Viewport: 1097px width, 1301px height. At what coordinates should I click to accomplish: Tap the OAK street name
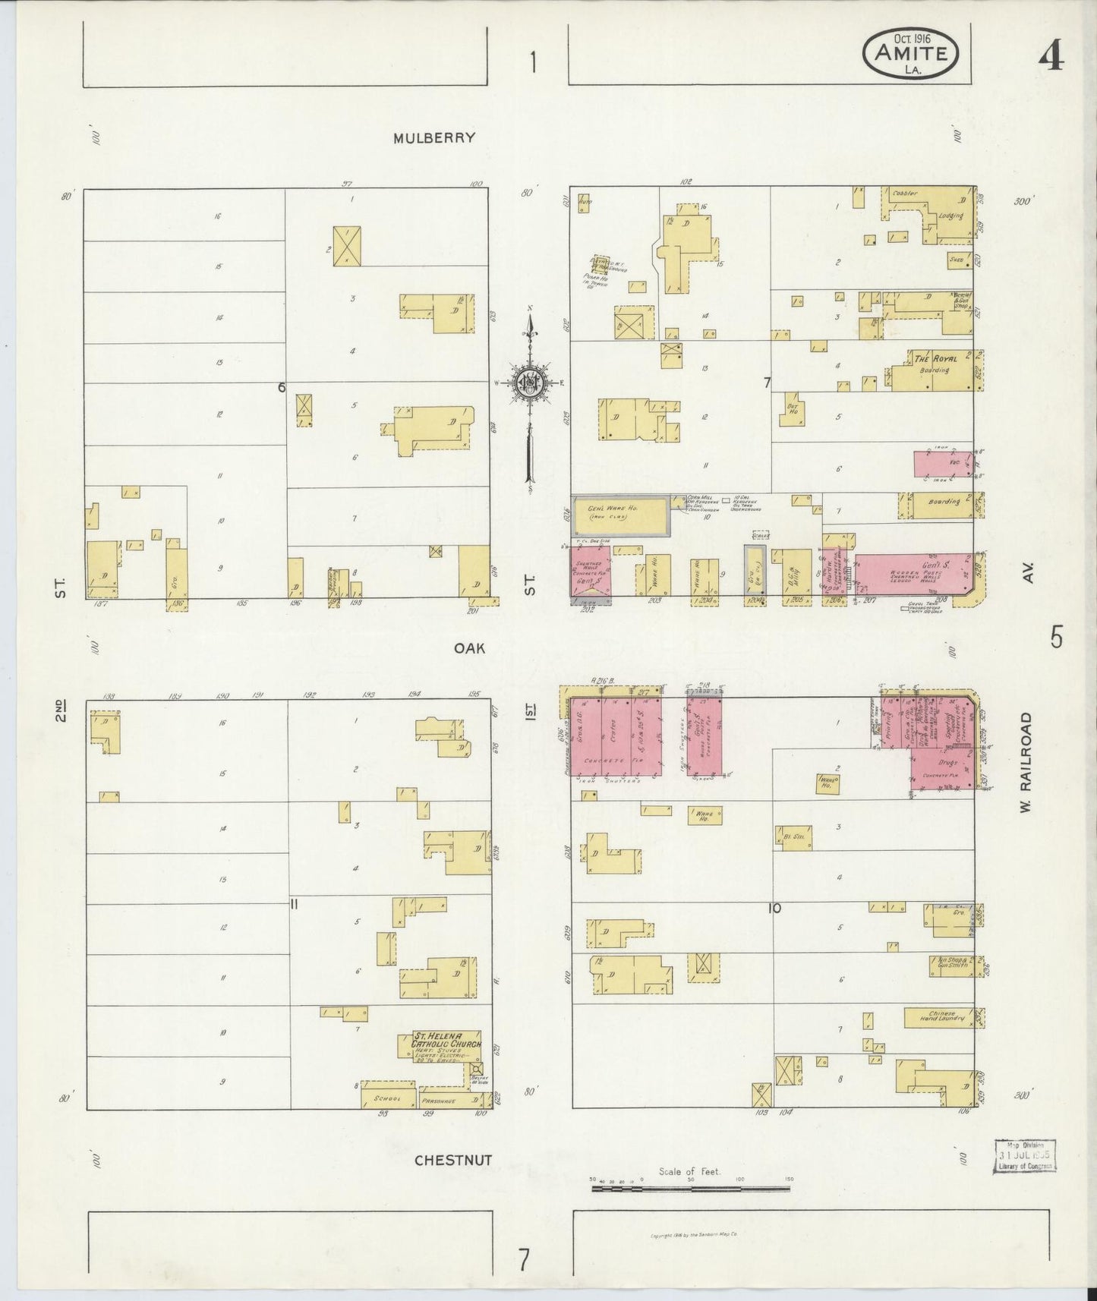pos(471,648)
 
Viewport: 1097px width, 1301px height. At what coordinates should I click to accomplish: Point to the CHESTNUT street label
pos(453,1161)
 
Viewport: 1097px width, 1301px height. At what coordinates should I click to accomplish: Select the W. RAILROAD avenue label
pos(1026,762)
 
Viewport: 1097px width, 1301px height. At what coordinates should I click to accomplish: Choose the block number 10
pos(774,908)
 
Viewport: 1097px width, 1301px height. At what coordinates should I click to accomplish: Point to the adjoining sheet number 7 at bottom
pos(524,1259)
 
